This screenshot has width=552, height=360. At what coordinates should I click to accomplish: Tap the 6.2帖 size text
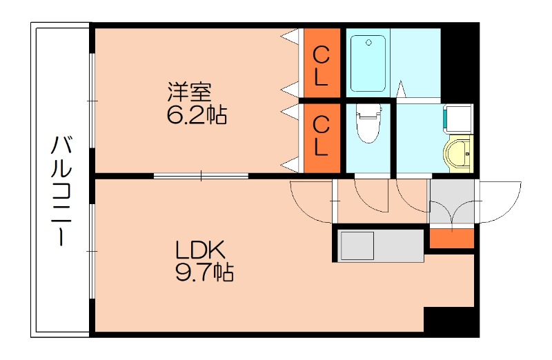(196, 114)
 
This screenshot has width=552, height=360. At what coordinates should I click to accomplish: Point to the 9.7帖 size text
(201, 273)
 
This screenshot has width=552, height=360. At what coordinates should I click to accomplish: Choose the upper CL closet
(321, 64)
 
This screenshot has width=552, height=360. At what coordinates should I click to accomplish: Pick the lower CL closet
(321, 136)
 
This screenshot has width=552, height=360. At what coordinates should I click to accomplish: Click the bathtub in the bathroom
(369, 63)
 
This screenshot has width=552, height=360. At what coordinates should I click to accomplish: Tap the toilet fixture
(367, 124)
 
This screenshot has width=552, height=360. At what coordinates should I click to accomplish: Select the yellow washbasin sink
(459, 153)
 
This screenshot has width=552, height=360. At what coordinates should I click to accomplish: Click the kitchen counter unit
(380, 246)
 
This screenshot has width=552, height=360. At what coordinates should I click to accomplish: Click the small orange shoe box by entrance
(452, 237)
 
